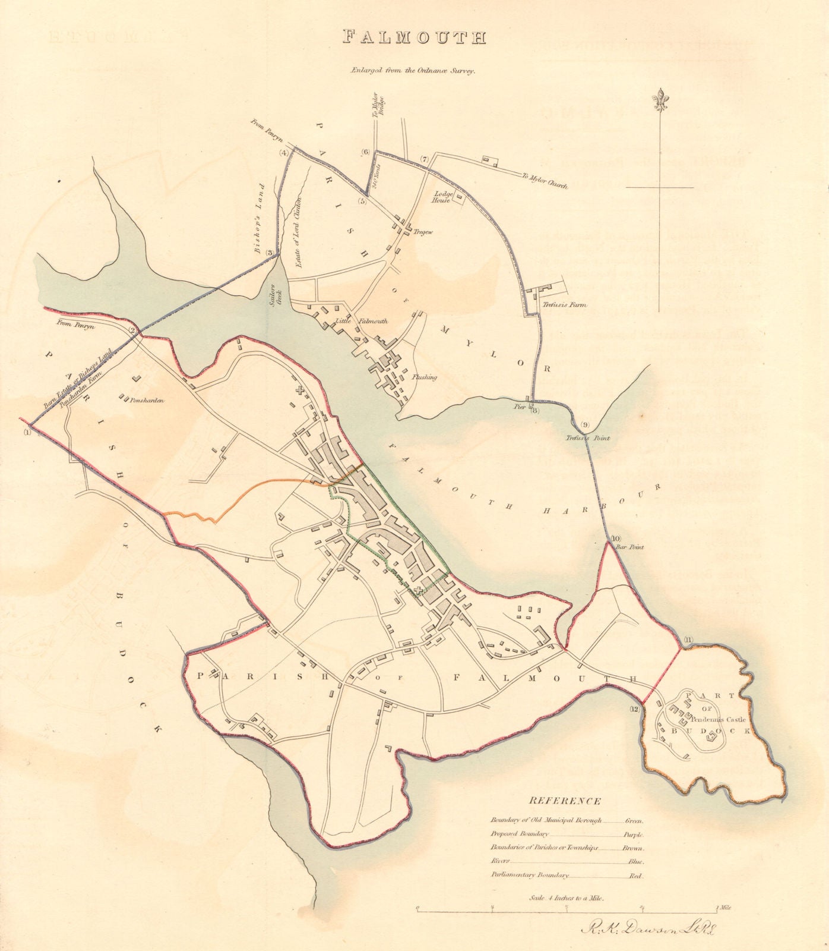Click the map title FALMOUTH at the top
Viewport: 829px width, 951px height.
point(414,37)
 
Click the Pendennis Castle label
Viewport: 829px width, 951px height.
point(718,720)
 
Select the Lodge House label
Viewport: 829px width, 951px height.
point(443,197)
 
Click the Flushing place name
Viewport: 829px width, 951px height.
point(424,377)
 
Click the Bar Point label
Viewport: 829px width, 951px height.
point(630,547)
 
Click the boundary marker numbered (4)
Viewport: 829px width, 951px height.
point(284,153)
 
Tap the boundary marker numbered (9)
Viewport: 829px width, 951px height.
point(585,424)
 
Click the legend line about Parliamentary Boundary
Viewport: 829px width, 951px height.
point(530,875)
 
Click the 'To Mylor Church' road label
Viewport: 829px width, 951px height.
point(545,181)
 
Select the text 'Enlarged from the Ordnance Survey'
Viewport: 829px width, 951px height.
point(414,70)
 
